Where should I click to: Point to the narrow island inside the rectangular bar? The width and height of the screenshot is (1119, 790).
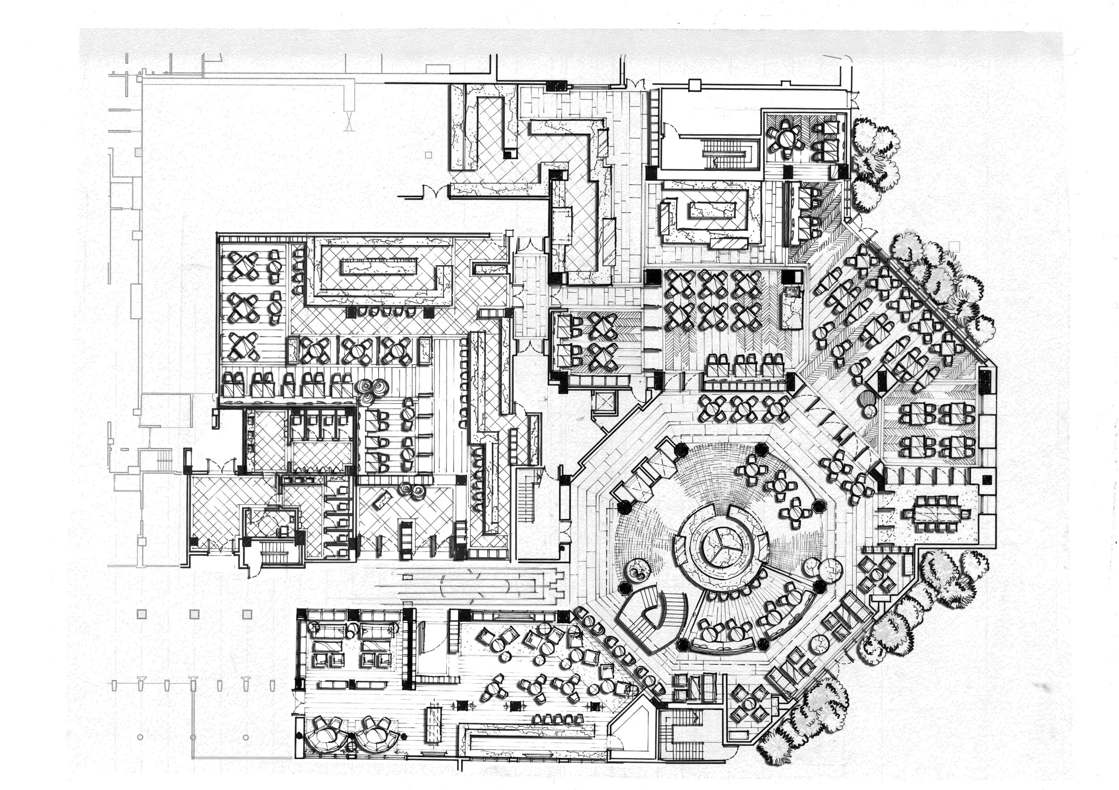(380, 267)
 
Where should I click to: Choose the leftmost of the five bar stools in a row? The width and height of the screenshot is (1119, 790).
(538, 718)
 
